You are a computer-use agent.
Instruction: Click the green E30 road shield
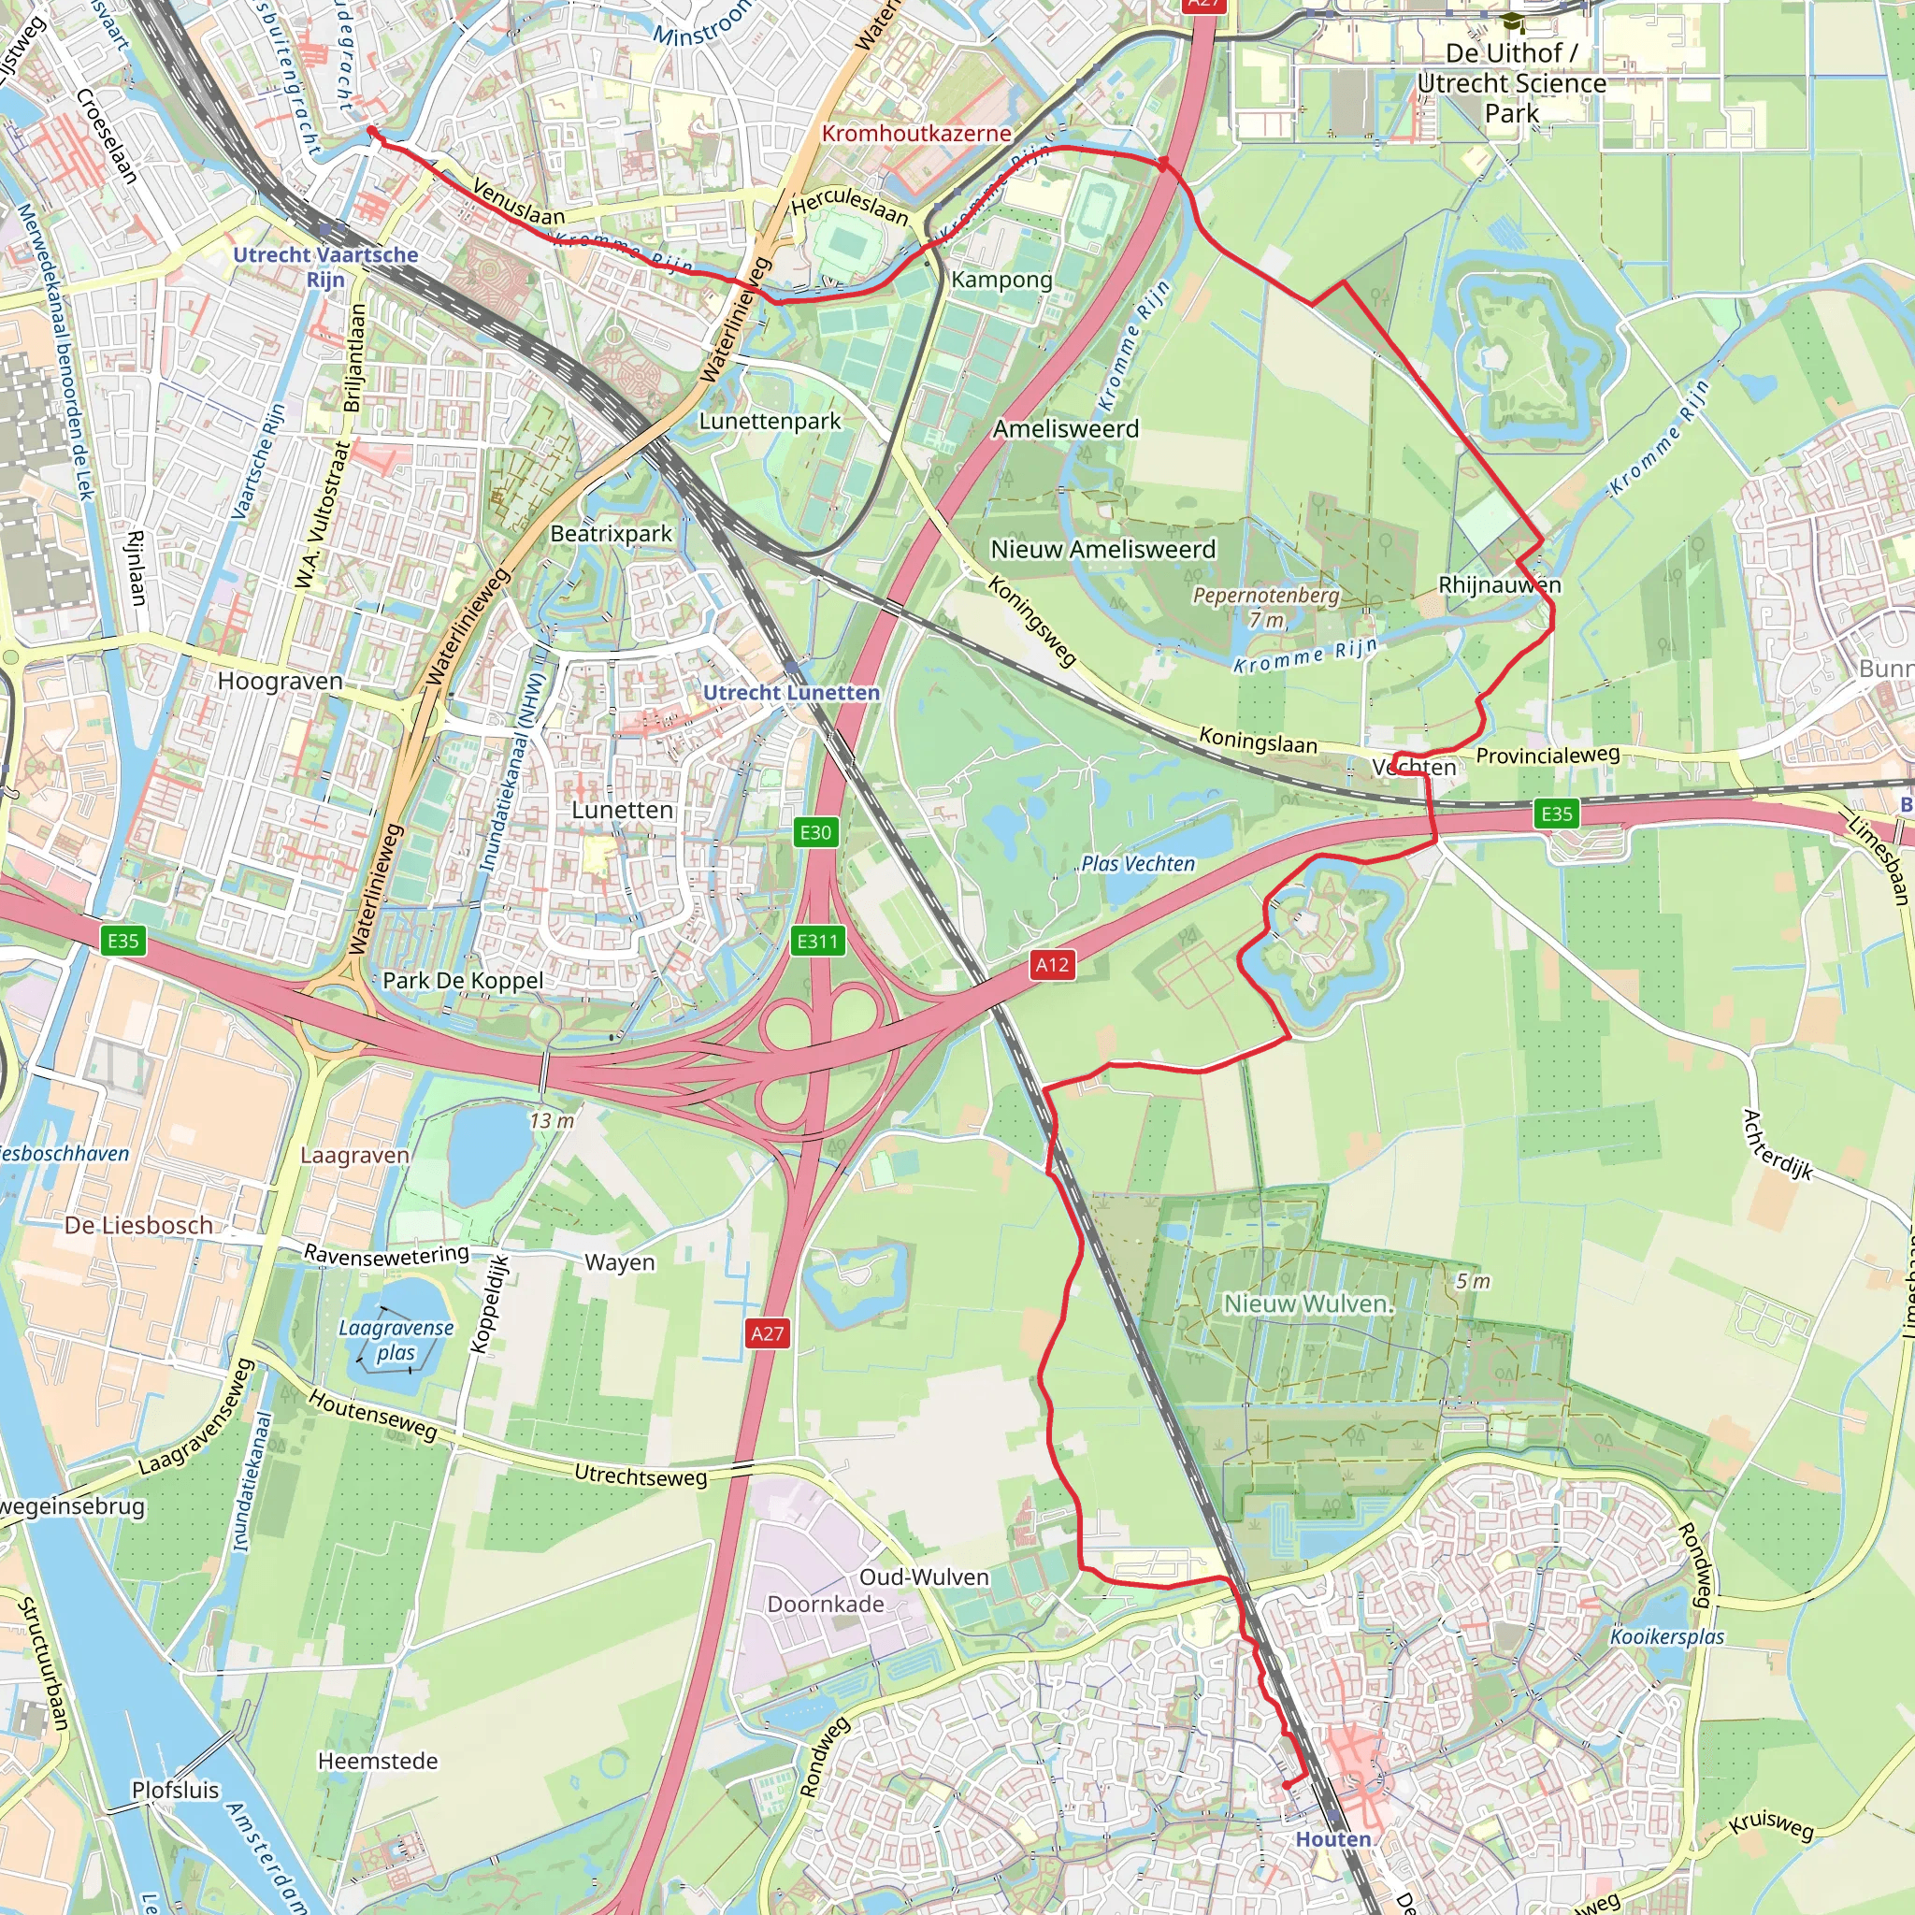click(814, 832)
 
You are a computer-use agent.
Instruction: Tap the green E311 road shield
click(818, 941)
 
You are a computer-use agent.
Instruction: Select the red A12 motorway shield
click(1052, 964)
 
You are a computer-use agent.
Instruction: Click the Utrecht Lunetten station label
click(791, 693)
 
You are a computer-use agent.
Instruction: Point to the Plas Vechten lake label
click(1138, 863)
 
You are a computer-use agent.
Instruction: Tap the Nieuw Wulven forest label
click(1308, 1303)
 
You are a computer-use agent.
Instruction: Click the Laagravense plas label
click(396, 1340)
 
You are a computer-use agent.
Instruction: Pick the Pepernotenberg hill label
click(1266, 596)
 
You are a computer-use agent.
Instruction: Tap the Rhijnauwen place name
click(1499, 584)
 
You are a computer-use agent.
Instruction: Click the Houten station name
click(1333, 1839)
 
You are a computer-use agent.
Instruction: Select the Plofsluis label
click(176, 1790)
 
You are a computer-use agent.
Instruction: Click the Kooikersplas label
click(1667, 1636)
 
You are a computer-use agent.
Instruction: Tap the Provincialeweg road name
click(1548, 756)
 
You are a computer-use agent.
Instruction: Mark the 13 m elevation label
click(551, 1121)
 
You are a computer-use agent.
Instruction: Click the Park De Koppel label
click(463, 980)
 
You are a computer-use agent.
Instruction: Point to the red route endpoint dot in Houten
click(1287, 1785)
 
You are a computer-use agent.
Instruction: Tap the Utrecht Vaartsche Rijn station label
click(325, 266)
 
